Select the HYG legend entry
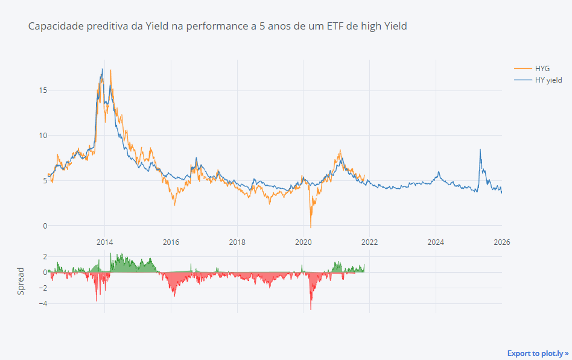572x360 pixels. coord(542,68)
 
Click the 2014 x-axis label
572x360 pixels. coord(104,242)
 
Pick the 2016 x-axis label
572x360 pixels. coord(171,242)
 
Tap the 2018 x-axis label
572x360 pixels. coord(237,242)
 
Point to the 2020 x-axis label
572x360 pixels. coord(303,242)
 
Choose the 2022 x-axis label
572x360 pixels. coord(369,242)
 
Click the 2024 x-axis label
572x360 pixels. coord(436,242)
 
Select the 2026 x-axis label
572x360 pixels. coord(501,242)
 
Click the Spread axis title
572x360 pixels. coord(21,280)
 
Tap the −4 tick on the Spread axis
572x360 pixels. coord(42,304)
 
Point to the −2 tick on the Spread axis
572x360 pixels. coord(42,288)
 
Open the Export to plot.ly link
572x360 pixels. coord(538,353)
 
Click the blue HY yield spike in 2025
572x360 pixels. coord(480,150)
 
